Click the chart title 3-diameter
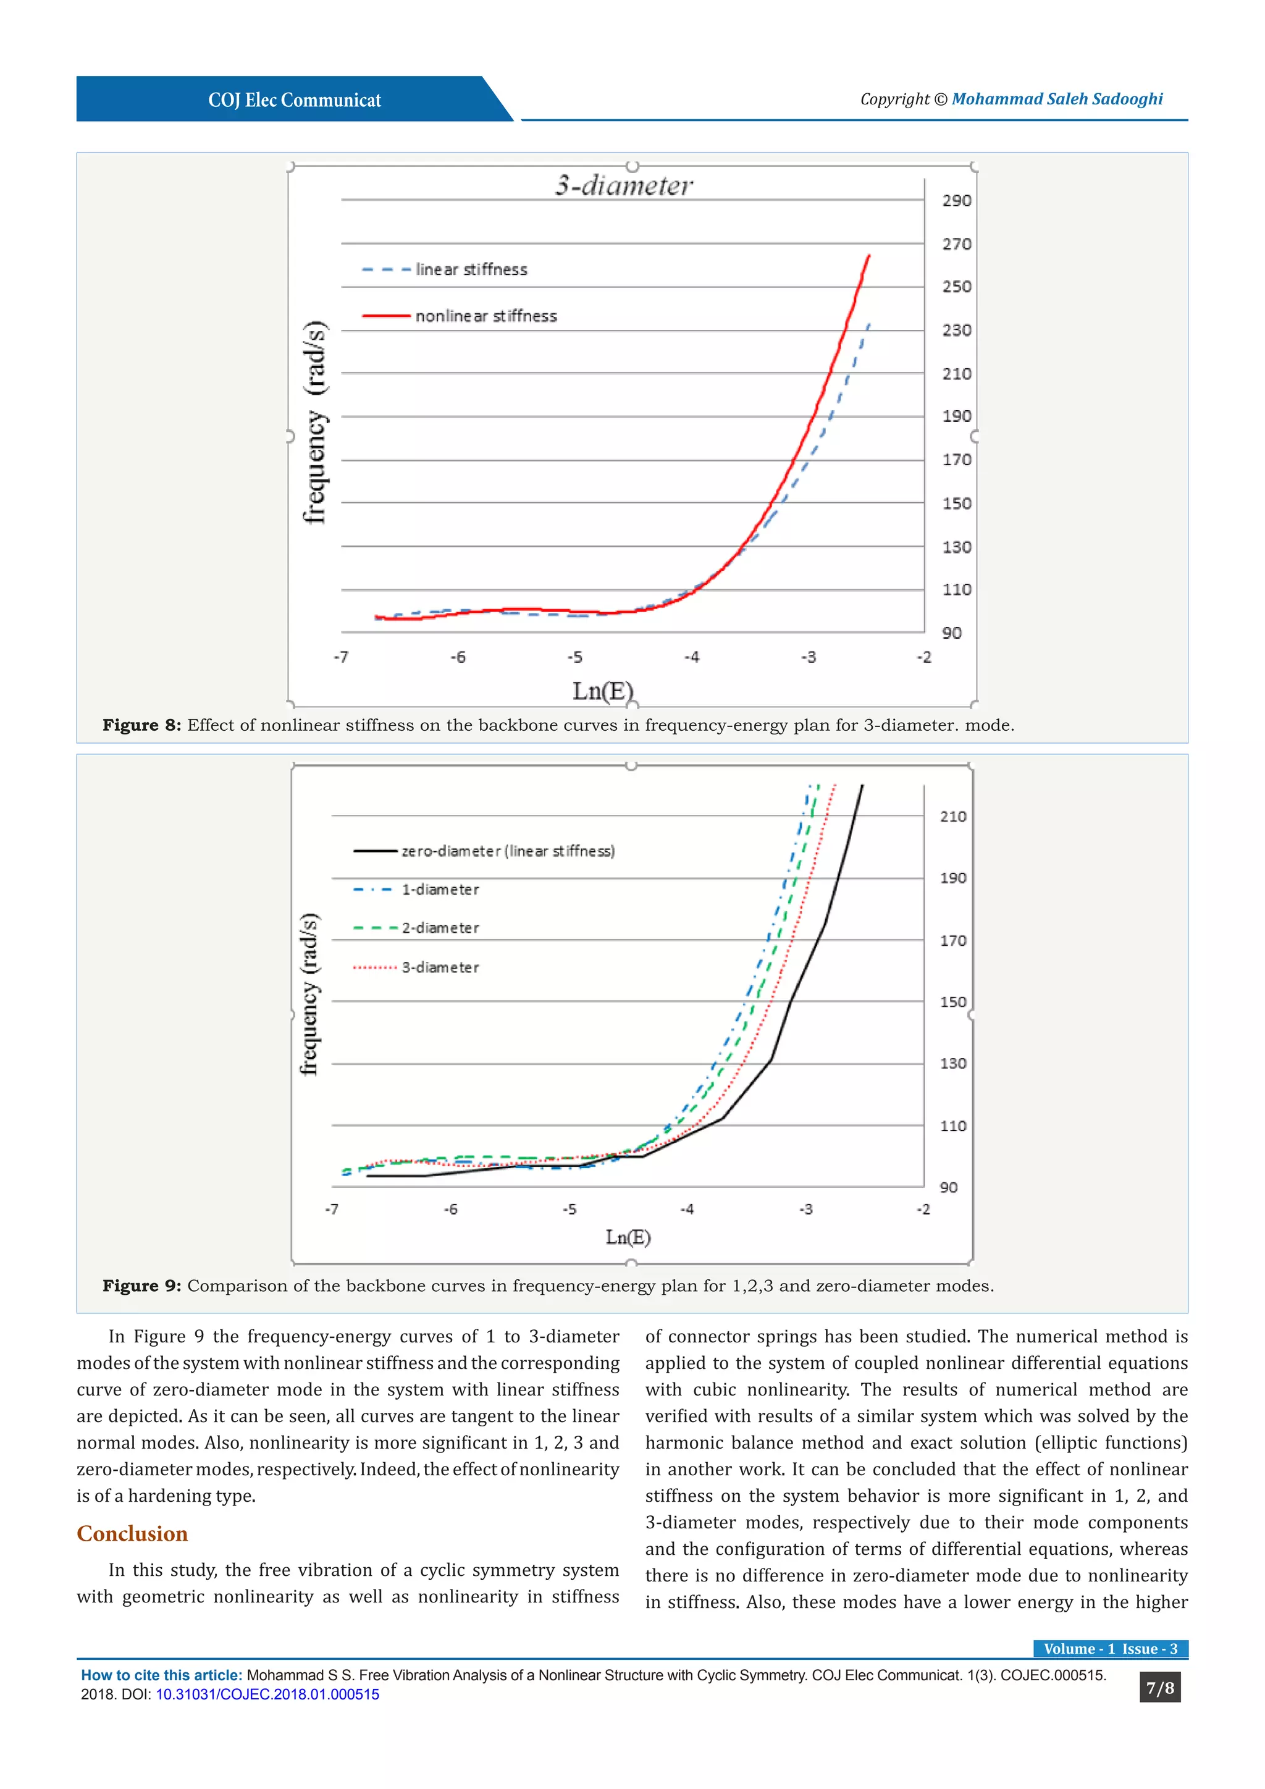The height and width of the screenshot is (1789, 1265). tap(623, 185)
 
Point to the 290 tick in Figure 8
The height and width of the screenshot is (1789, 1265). tap(957, 201)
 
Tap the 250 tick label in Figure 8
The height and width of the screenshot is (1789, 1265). tap(957, 287)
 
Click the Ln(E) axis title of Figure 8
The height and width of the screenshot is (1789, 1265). tap(603, 691)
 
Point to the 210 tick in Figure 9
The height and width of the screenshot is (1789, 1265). tap(952, 817)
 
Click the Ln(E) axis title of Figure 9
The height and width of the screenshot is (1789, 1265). tap(628, 1237)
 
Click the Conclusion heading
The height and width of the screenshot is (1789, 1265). tap(132, 1533)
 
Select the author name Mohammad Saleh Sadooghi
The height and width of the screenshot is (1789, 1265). tap(1057, 99)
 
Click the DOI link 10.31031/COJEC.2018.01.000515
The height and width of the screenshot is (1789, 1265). tap(267, 1694)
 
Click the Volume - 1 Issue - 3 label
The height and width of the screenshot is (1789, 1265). tap(1110, 1649)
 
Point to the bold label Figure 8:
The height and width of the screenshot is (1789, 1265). tap(142, 725)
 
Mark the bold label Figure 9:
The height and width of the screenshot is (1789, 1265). tap(142, 1286)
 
